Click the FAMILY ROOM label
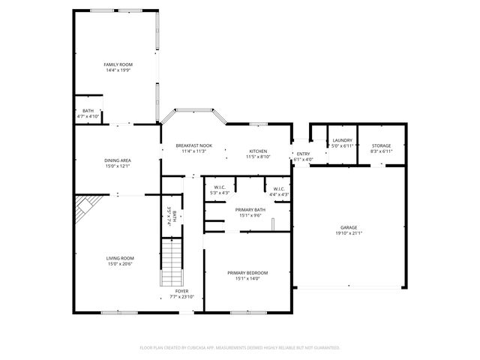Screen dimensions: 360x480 (x=117, y=65)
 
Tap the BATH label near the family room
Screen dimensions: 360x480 (x=88, y=111)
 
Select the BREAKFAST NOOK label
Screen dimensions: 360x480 (x=193, y=145)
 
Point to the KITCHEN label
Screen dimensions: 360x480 (x=258, y=151)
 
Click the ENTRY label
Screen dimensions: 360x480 (x=303, y=154)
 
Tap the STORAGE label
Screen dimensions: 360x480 (x=381, y=145)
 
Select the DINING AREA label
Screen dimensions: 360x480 (x=118, y=160)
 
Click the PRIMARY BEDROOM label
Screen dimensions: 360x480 (x=247, y=272)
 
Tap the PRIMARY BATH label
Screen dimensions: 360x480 (x=250, y=210)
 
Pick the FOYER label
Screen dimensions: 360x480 (x=181, y=291)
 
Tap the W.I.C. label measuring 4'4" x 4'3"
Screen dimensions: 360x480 (x=278, y=189)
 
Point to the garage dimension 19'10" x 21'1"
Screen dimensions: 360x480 (x=349, y=233)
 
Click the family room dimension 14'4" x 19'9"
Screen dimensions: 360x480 (x=117, y=70)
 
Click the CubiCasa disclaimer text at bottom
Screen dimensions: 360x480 (x=240, y=347)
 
